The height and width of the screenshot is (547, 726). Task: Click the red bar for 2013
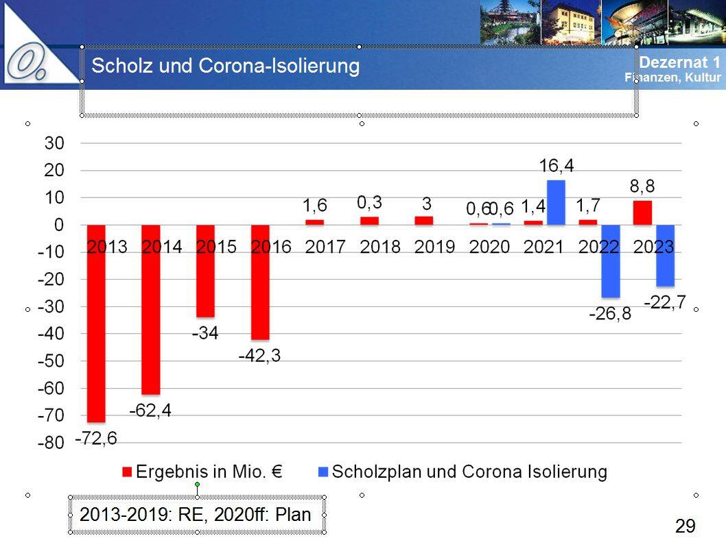click(x=97, y=322)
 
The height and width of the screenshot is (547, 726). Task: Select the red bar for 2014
click(x=151, y=308)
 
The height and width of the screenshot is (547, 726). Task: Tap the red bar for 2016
click(x=260, y=282)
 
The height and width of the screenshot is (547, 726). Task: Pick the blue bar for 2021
click(x=556, y=202)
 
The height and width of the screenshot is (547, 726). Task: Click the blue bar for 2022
click(x=610, y=261)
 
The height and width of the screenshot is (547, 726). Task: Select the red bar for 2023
click(x=642, y=212)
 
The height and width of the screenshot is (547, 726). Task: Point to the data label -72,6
click(x=95, y=438)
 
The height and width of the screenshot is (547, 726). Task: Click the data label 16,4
click(x=556, y=166)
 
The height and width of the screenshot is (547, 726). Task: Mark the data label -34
click(x=205, y=334)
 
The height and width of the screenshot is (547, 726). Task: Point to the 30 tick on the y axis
click(x=54, y=143)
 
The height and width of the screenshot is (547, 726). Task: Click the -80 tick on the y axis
click(x=51, y=443)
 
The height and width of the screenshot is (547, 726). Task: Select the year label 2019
click(x=435, y=247)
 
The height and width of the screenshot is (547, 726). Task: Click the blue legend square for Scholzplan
click(x=324, y=472)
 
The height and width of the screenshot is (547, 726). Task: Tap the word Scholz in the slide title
click(x=119, y=66)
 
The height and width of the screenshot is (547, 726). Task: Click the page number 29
click(x=685, y=526)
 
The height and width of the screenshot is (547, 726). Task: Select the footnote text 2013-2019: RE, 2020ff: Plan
click(x=196, y=514)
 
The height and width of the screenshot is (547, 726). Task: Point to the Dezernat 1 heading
click(x=679, y=62)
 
